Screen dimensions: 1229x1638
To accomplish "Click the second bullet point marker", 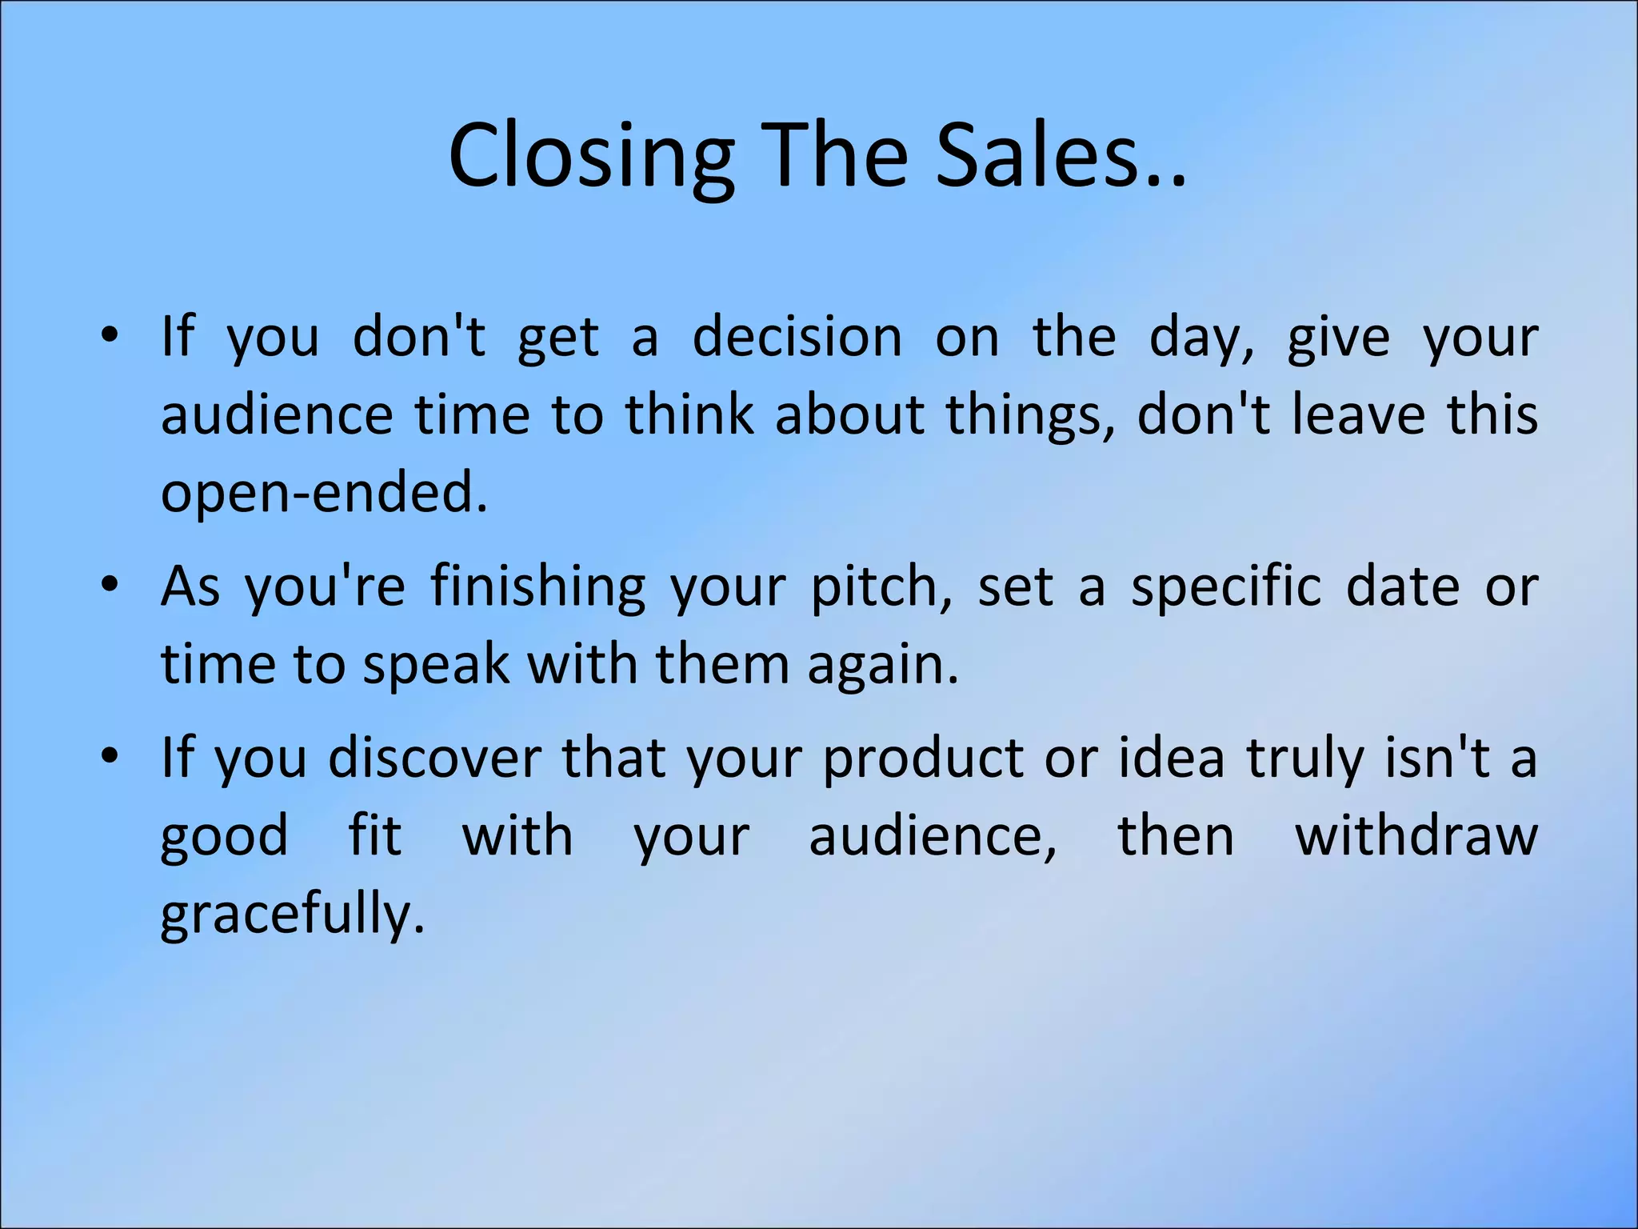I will pos(110,586).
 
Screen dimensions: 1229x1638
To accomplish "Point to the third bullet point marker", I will pos(110,756).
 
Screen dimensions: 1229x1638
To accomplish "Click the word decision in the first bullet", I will pos(797,337).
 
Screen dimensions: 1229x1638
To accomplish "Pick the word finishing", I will pos(537,587).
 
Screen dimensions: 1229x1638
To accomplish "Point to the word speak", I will pos(436,664).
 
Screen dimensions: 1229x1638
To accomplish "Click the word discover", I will pos(435,757).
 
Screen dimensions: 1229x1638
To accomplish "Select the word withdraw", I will pos(1416,835).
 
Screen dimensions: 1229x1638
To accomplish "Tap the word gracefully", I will pos(292,914).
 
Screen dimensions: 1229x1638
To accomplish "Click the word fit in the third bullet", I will pos(375,835).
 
